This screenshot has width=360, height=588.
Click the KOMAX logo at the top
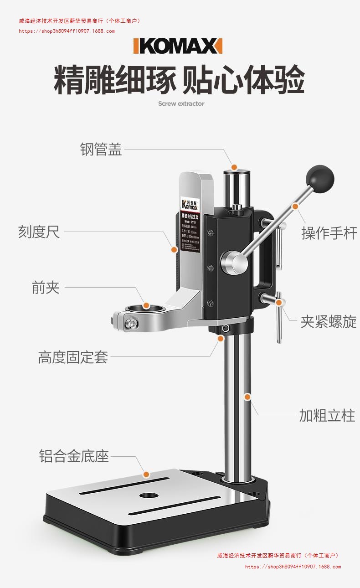point(178,46)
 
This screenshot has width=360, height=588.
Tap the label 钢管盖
point(101,150)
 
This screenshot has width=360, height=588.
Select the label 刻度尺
point(39,232)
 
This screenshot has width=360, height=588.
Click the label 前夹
point(46,288)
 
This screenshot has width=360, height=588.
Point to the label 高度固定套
point(73,357)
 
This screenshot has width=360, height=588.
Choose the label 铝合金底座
point(74,456)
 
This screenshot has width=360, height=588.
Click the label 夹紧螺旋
point(328,322)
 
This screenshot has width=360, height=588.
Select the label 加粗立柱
point(327,416)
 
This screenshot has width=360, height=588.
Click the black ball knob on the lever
point(320,178)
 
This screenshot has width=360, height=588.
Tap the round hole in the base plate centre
point(147,495)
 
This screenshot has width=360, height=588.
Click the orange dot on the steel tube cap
point(234,167)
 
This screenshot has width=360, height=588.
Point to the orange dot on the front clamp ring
point(146,306)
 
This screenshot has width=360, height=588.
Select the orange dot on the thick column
point(247,397)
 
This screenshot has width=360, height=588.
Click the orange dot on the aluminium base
point(146,475)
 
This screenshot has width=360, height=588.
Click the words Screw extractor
point(181,103)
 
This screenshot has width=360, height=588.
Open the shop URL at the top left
point(67,31)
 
